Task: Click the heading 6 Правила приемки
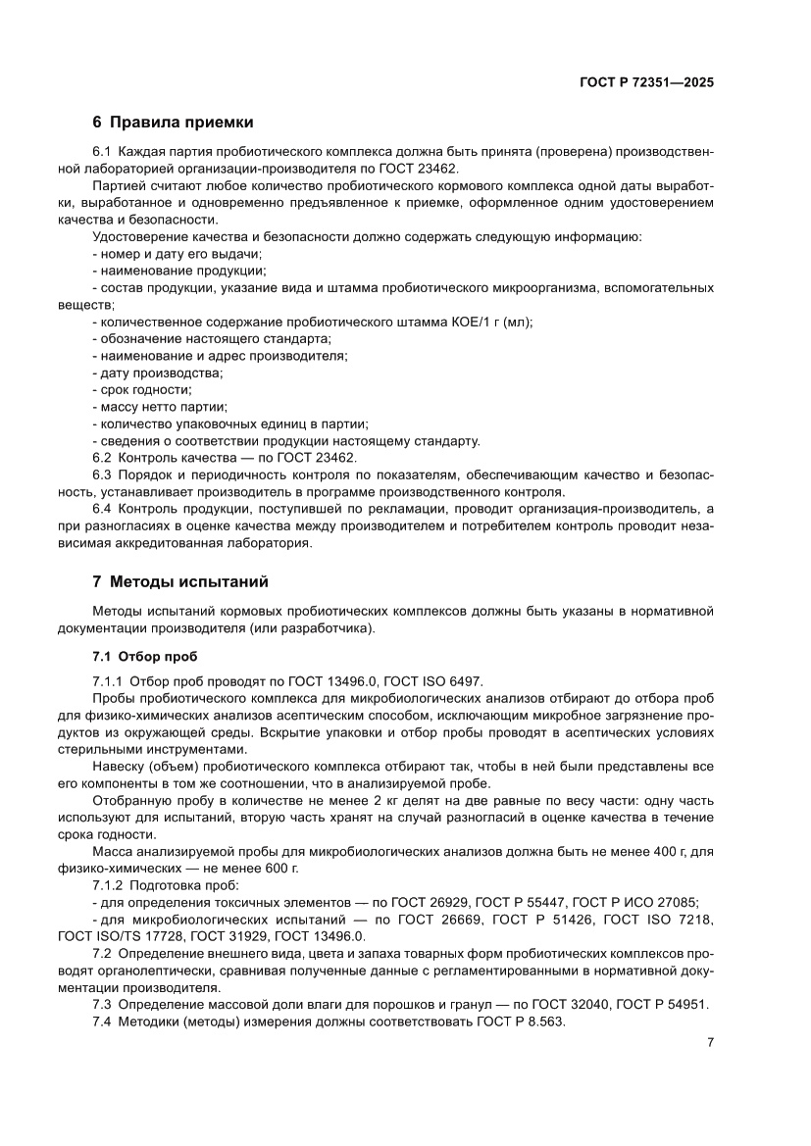173,123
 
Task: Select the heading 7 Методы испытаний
179,581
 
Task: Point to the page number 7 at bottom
709,1042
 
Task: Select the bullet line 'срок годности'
143,389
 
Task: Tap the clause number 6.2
102,457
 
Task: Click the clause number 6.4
102,509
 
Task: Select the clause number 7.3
102,1004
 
